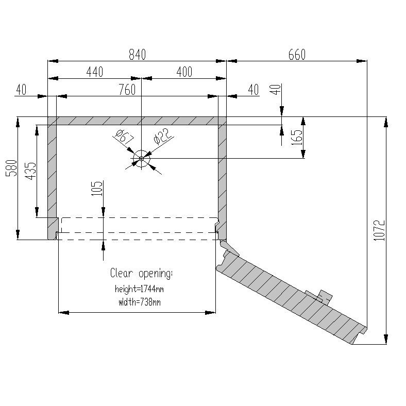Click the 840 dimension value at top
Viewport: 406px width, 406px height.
point(137,54)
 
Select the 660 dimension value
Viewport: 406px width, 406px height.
point(297,54)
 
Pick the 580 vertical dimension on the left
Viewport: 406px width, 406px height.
point(11,169)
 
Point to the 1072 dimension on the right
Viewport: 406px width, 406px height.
point(379,231)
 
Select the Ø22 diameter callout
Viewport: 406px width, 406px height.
point(161,138)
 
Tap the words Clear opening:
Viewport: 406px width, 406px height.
point(141,273)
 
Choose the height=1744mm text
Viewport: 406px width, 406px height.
point(139,289)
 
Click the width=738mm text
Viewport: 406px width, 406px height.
point(139,302)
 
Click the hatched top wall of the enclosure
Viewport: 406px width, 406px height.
point(137,121)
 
